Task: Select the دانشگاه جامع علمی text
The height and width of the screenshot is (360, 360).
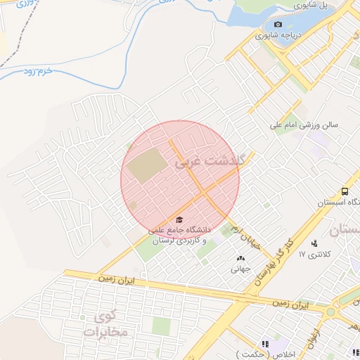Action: click(x=175, y=230)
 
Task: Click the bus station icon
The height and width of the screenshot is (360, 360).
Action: click(x=345, y=191)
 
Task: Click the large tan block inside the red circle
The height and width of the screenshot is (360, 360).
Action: click(x=148, y=166)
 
